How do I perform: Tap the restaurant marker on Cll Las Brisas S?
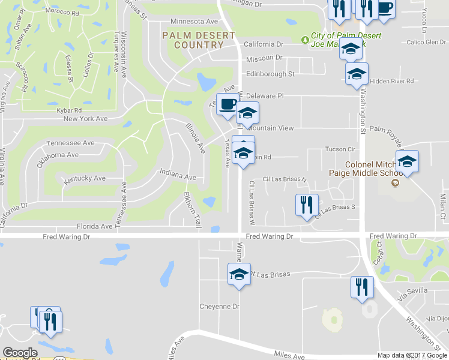(x=307, y=205)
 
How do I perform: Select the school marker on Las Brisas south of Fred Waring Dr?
(x=239, y=275)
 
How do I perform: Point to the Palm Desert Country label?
(x=199, y=40)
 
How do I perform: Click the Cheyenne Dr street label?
(x=220, y=306)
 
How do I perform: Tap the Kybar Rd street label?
(x=66, y=110)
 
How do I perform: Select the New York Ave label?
(x=86, y=119)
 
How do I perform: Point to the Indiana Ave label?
(x=178, y=177)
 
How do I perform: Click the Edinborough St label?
(x=270, y=74)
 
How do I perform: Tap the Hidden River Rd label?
(x=393, y=81)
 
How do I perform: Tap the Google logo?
(x=20, y=353)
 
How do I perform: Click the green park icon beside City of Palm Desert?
(x=306, y=39)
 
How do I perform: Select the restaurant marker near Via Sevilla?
(x=361, y=287)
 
